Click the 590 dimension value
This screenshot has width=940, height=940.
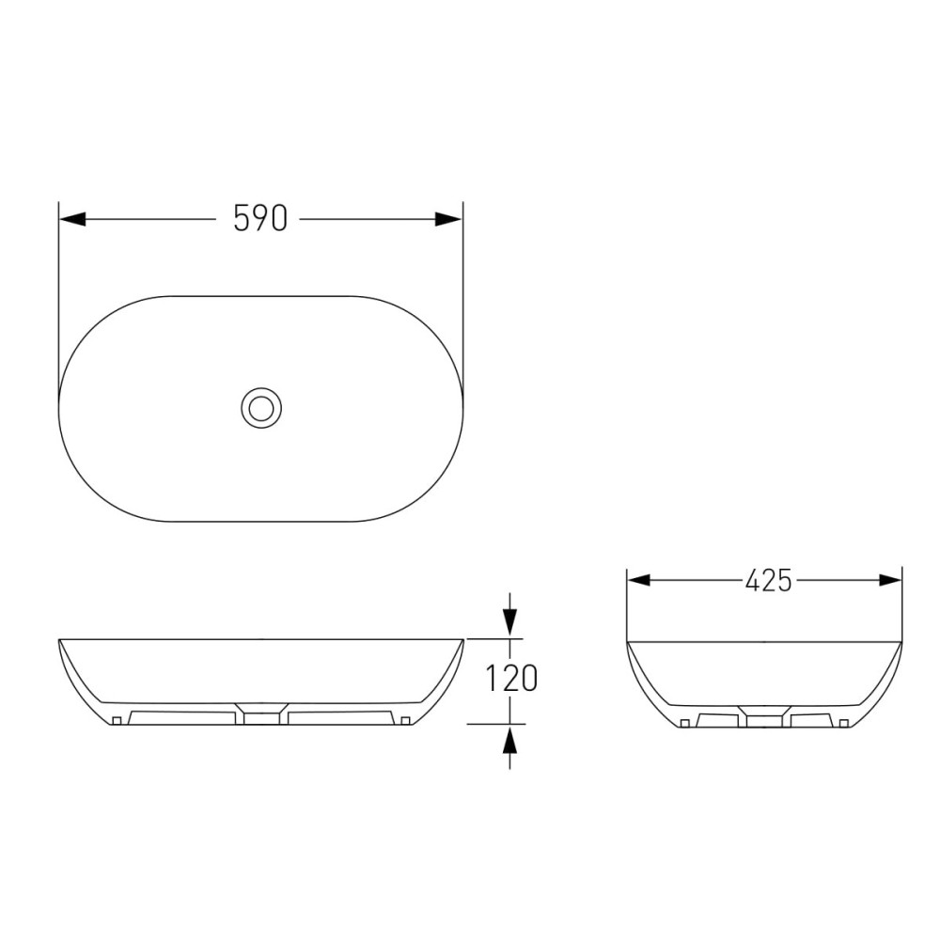[260, 218]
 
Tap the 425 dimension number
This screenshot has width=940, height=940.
[769, 580]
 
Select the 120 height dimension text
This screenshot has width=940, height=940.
[511, 679]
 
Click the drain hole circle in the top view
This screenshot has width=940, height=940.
[261, 408]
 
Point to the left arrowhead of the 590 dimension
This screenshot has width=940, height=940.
[72, 219]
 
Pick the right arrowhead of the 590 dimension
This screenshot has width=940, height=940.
[448, 219]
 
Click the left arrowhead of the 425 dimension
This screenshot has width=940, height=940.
[639, 580]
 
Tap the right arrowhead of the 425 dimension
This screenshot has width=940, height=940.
[889, 580]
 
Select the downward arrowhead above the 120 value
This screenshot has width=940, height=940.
[509, 622]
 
